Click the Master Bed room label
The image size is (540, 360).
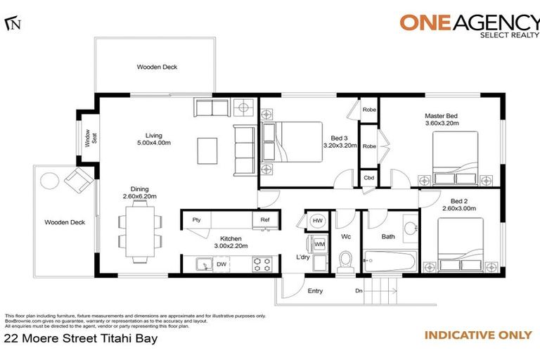(x=441, y=119)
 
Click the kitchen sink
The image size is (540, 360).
(x=202, y=264)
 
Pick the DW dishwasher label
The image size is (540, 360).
(x=221, y=265)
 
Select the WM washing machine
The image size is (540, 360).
(x=319, y=244)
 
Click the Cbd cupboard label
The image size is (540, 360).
(x=368, y=178)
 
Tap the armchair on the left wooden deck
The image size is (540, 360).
(x=77, y=182)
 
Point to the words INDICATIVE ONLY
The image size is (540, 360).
(x=477, y=335)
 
